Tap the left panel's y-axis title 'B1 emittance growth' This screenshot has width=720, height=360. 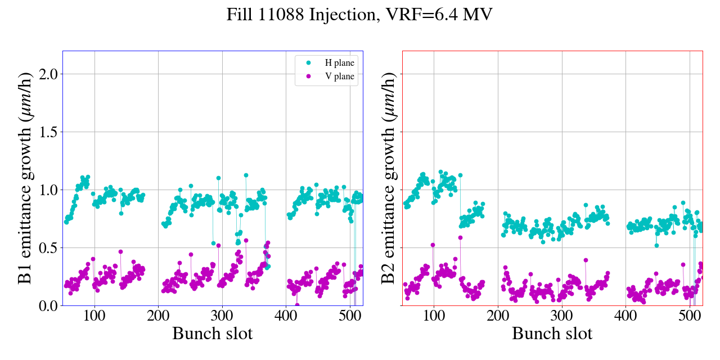(x=25, y=178)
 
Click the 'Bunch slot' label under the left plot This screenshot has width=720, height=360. (x=212, y=334)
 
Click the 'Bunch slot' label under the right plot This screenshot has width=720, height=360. (x=552, y=334)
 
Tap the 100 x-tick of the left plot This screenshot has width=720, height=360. (x=94, y=314)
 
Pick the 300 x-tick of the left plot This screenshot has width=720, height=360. (x=222, y=314)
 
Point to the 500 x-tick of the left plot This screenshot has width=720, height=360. (x=350, y=314)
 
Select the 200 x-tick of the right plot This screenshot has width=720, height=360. (x=498, y=314)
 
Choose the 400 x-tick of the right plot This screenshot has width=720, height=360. (x=625, y=314)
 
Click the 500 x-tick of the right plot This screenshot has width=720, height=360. (x=690, y=314)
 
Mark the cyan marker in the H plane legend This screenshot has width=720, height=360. (x=308, y=63)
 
